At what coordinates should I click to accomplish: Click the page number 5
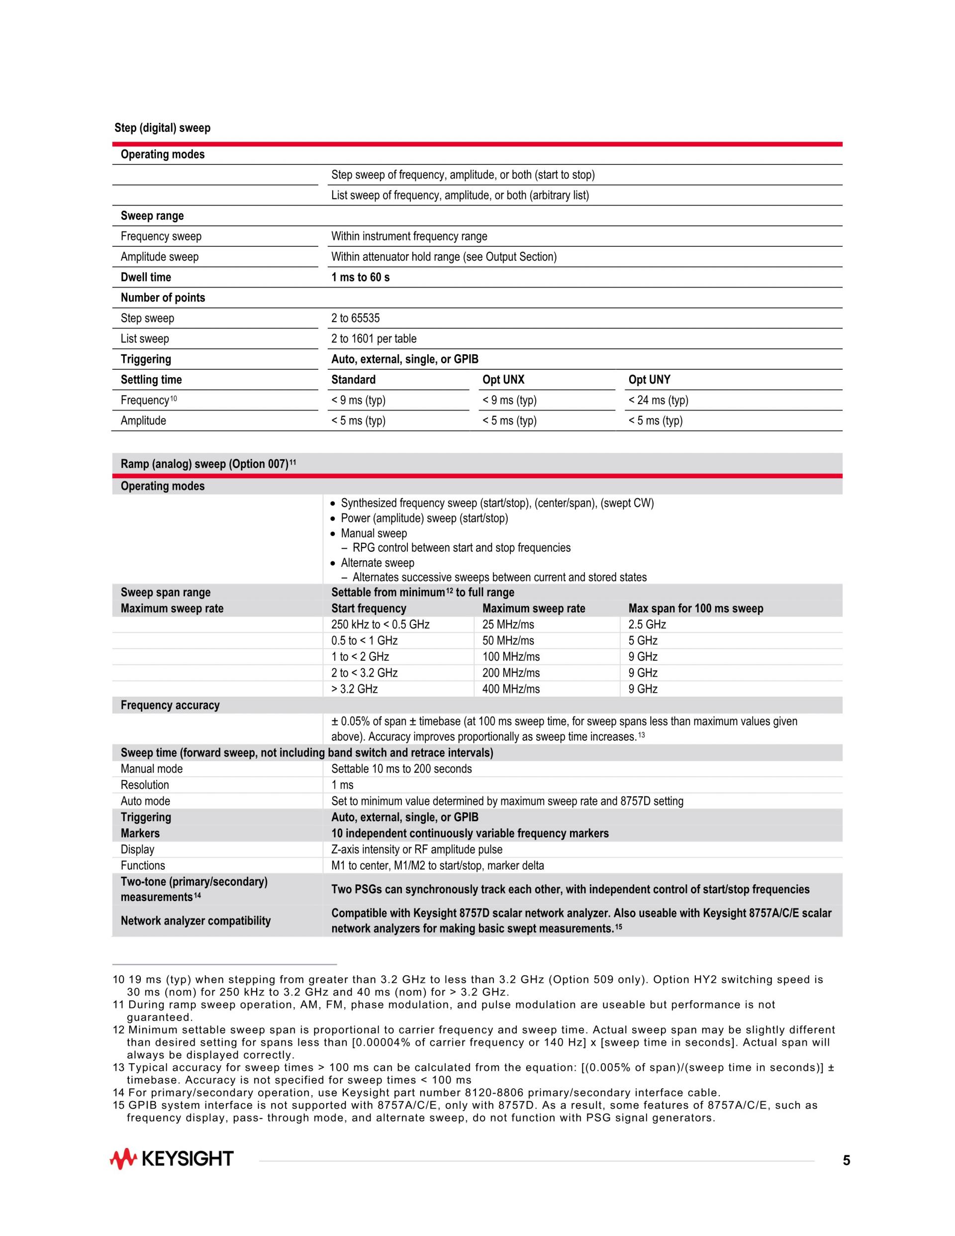[847, 1161]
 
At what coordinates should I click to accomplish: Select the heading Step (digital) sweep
[162, 128]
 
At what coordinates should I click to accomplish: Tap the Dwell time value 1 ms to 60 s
[361, 277]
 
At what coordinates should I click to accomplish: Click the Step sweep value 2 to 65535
[355, 318]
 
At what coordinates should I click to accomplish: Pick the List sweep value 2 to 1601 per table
[374, 338]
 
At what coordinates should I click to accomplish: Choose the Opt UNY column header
[649, 380]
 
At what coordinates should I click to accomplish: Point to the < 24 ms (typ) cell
[658, 400]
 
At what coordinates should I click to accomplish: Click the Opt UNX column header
[503, 380]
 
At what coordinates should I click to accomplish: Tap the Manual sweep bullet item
[374, 533]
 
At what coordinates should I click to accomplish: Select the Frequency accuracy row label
[170, 705]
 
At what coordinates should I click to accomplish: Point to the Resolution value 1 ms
[342, 785]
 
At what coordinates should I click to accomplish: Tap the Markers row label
[140, 833]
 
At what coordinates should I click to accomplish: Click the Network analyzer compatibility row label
[196, 921]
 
